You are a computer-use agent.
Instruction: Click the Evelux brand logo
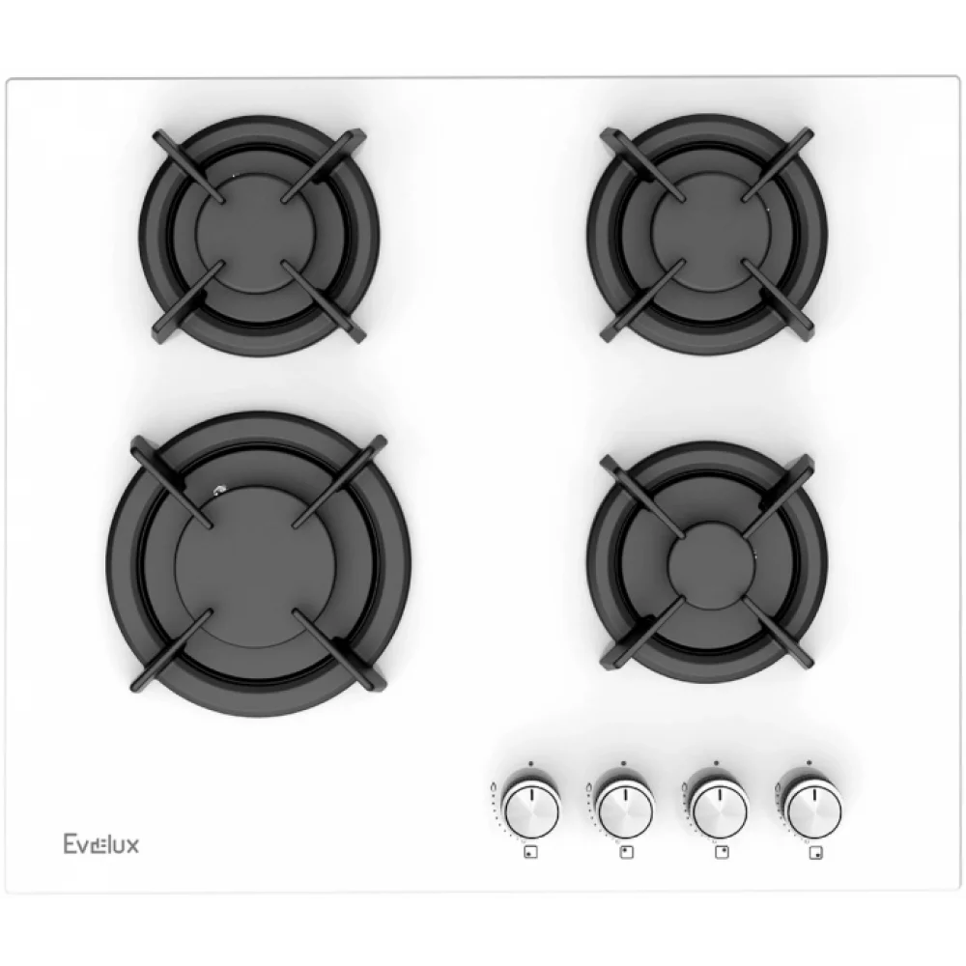point(101,843)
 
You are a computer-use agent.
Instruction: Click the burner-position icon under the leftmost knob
point(530,853)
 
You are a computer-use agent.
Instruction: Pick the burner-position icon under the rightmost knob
point(815,853)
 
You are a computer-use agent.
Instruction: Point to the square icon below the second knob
point(627,853)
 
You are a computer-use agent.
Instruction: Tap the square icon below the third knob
point(722,853)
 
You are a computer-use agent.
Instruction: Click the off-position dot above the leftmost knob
point(530,763)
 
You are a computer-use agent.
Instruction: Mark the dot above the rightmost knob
point(809,763)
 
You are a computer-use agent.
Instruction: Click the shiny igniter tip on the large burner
point(218,491)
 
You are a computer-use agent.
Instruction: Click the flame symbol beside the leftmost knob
point(494,786)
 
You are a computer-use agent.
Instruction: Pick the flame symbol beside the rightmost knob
point(778,786)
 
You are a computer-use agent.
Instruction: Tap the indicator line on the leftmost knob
point(531,794)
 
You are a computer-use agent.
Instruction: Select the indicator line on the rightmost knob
point(813,794)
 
